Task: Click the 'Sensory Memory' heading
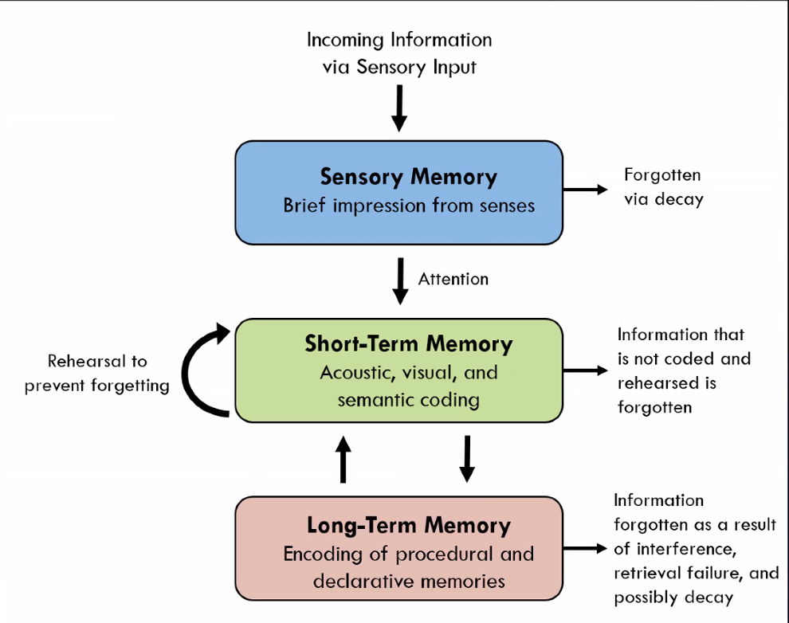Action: [x=408, y=177]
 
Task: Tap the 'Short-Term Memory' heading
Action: [x=408, y=343]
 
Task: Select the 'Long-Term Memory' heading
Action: [x=408, y=525]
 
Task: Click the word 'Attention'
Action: [x=453, y=279]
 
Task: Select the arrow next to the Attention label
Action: [x=400, y=280]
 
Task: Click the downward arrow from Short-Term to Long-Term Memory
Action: [x=467, y=459]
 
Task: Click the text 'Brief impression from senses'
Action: [x=408, y=206]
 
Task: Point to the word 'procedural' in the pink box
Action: [x=443, y=554]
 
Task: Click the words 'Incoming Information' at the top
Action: [x=398, y=40]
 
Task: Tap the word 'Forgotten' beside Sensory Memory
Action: [x=661, y=174]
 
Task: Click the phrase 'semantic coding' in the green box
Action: [x=408, y=399]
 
